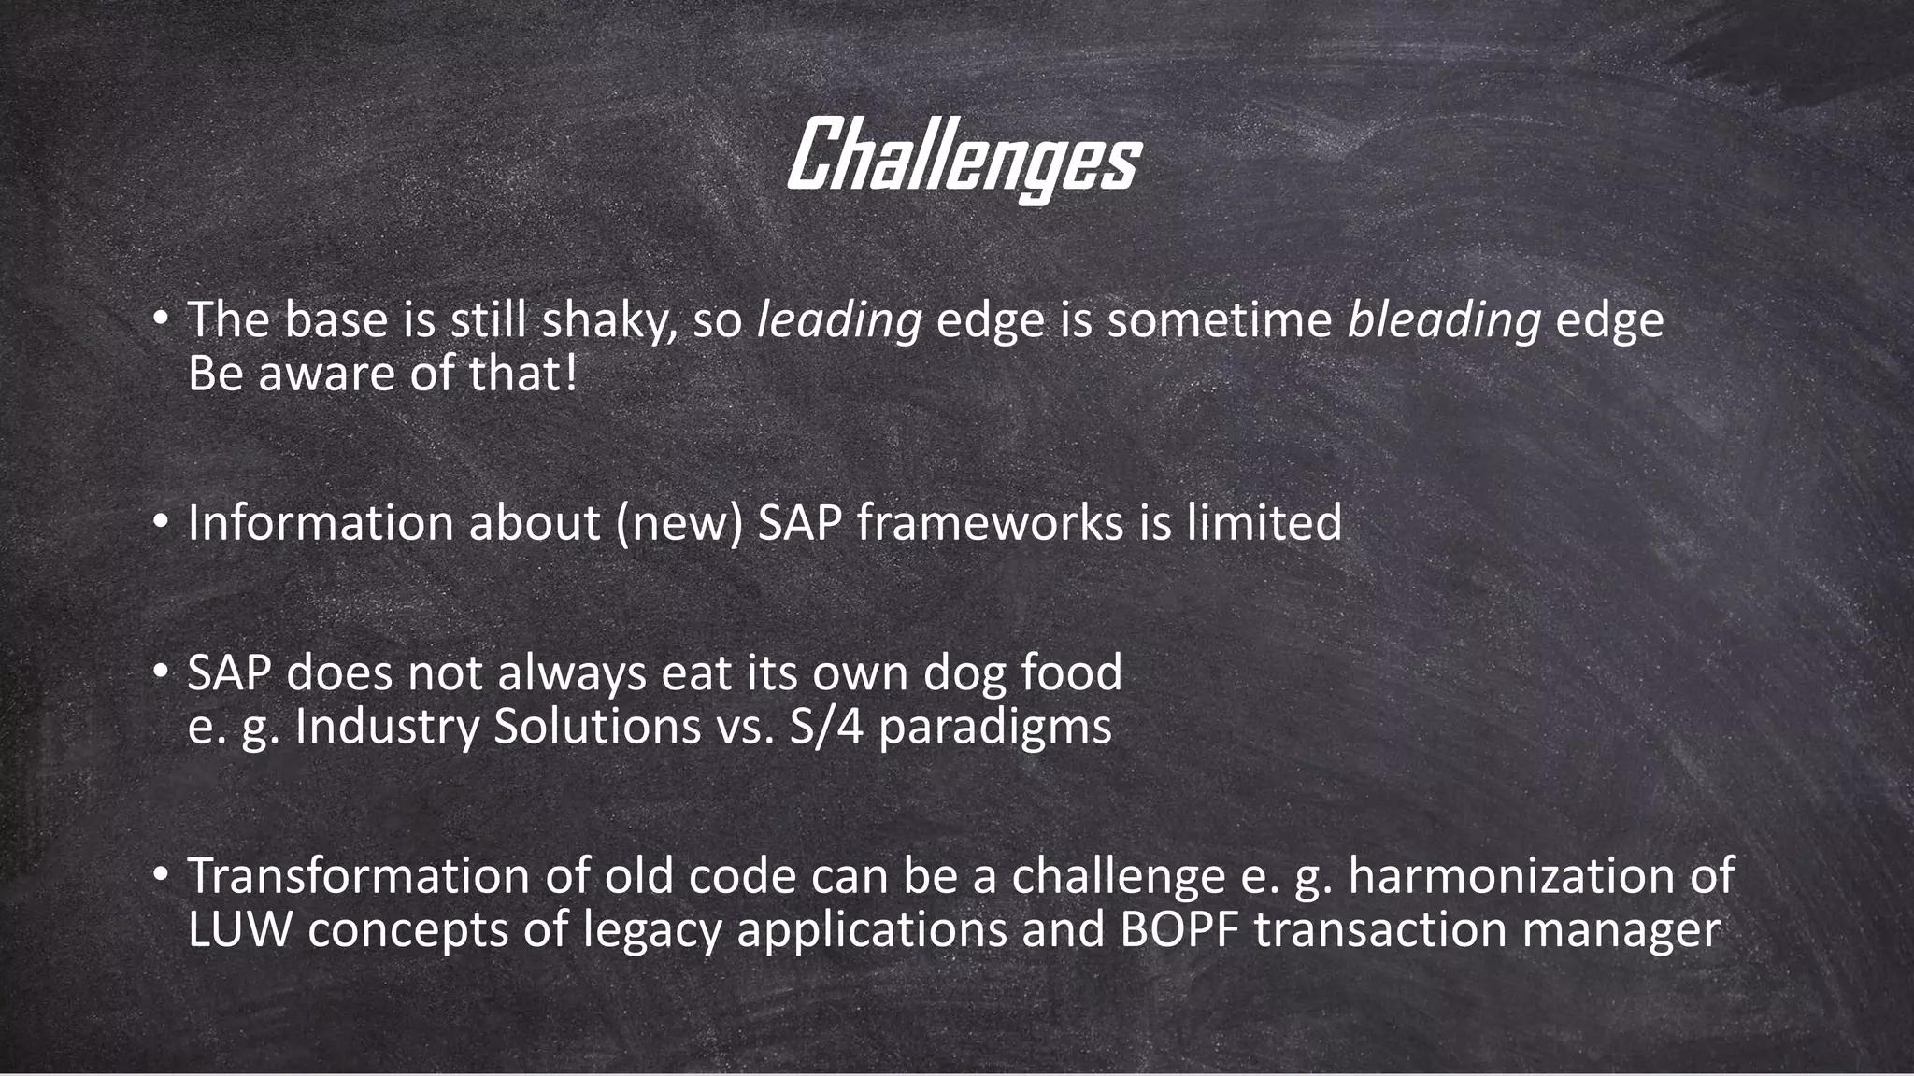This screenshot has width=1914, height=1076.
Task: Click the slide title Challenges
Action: coord(963,159)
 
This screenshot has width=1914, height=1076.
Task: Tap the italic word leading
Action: coord(838,320)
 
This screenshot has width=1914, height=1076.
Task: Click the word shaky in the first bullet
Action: coord(608,320)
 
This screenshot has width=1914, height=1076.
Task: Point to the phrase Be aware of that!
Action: coord(382,375)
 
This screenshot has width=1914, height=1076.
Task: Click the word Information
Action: coord(320,522)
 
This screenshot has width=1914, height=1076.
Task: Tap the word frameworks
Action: coord(989,522)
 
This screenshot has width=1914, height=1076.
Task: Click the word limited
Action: coord(1264,522)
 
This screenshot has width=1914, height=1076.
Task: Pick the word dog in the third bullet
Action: coord(964,672)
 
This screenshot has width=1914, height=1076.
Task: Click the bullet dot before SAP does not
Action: coord(162,672)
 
